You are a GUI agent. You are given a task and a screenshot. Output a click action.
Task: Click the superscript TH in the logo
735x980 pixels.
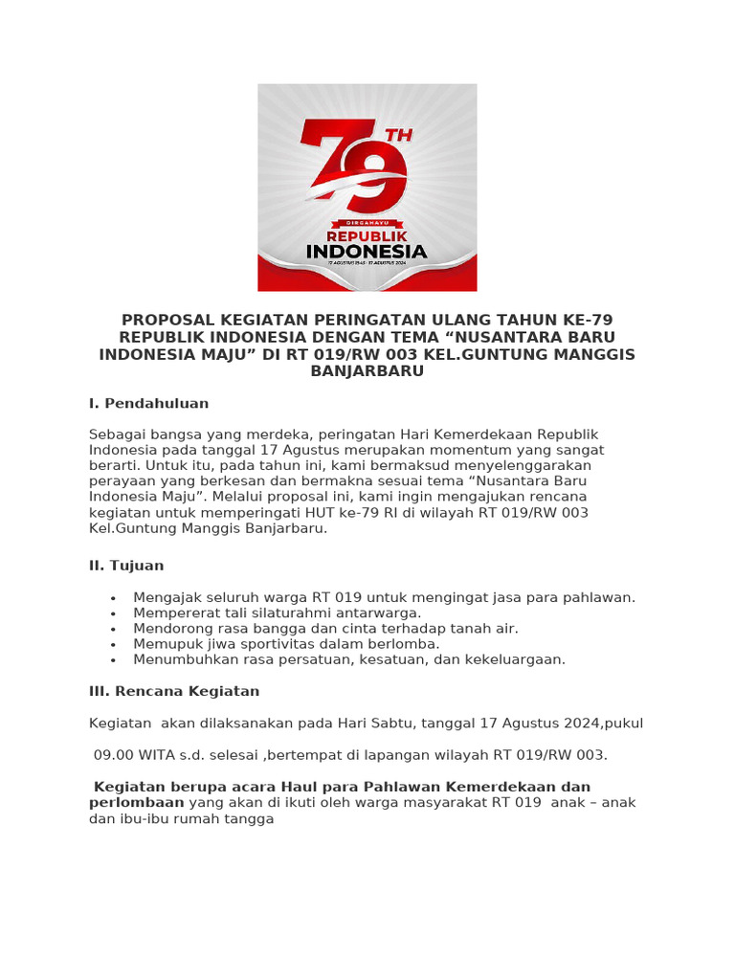click(399, 136)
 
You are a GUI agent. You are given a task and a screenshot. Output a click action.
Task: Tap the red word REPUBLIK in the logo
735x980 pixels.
click(367, 235)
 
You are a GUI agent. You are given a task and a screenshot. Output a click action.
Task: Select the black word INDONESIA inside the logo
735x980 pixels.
click(367, 252)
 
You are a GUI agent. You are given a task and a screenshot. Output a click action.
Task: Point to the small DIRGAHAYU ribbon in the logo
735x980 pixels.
click(367, 222)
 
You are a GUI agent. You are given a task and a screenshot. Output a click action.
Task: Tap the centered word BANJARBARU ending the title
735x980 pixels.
click(367, 371)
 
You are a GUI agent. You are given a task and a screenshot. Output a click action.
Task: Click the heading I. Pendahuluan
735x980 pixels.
click(148, 404)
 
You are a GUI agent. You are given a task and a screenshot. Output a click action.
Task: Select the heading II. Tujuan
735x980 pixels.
click(126, 566)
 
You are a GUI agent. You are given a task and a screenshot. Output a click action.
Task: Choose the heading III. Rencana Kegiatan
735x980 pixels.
click(174, 691)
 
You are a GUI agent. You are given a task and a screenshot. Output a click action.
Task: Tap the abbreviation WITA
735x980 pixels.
click(157, 755)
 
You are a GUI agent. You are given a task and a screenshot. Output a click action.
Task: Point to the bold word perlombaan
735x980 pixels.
click(136, 803)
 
